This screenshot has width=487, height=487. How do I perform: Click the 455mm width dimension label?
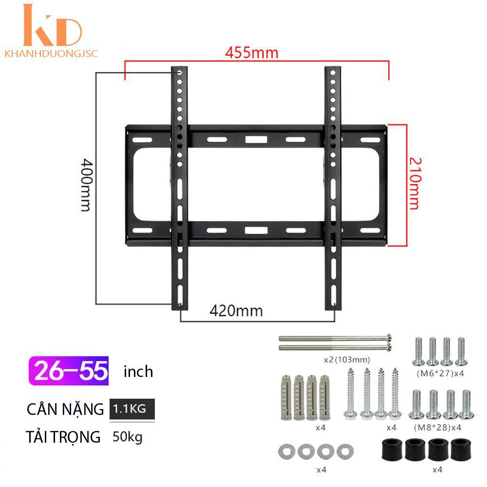tap(252, 53)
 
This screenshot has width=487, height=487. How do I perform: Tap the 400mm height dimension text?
tap(86, 185)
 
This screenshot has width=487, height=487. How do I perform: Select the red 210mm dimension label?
tap(415, 184)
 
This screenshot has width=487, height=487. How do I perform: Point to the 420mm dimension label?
tap(236, 311)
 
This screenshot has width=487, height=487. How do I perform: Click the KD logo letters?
tap(52, 25)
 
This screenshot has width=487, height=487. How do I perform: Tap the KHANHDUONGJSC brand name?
tap(51, 54)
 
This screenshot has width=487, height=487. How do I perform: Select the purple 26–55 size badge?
tap(69, 371)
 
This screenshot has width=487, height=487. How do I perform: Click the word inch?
tap(138, 372)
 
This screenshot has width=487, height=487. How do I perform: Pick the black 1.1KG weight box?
tap(132, 409)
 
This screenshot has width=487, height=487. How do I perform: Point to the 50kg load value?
tap(128, 437)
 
